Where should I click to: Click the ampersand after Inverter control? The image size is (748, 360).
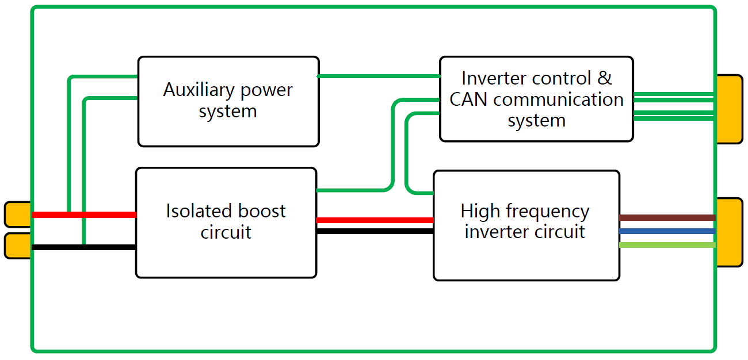[x=605, y=78]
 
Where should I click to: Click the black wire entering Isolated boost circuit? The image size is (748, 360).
[x=109, y=247]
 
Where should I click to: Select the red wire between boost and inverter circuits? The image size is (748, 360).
[x=374, y=220]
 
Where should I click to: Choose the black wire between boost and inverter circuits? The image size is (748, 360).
[x=374, y=231]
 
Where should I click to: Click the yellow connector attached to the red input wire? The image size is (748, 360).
[x=17, y=215]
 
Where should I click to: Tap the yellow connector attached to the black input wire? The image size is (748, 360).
[x=17, y=246]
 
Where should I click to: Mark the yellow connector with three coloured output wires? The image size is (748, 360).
[x=730, y=232]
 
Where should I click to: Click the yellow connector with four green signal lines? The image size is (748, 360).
[x=730, y=109]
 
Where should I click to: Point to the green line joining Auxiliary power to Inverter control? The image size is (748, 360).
[x=379, y=76]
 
